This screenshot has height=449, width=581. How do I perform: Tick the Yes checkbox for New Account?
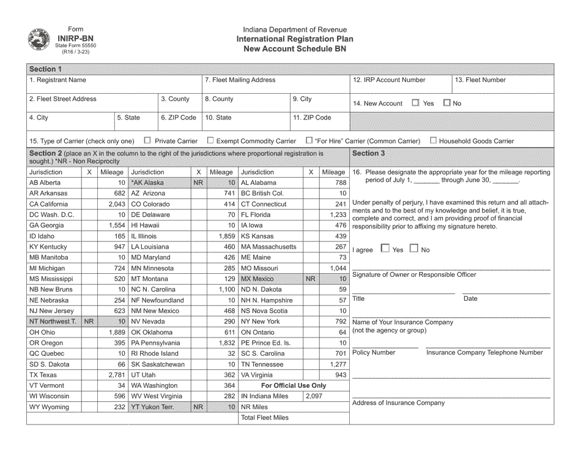point(415,103)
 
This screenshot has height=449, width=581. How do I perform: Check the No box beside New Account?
point(447,103)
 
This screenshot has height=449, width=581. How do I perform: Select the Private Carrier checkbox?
point(147,140)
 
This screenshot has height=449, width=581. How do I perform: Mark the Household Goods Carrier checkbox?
point(433,140)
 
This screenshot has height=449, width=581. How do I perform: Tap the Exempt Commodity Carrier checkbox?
point(210,140)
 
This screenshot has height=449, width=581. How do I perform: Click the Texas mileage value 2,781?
point(116,374)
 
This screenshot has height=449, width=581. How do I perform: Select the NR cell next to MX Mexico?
point(311,279)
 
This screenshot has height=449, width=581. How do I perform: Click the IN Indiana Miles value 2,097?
point(313,396)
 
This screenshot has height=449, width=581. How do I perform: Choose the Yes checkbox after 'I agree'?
point(385,249)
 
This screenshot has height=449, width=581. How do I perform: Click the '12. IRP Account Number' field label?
point(389,80)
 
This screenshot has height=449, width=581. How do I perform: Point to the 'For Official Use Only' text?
point(294,385)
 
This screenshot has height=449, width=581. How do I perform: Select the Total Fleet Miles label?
point(264,418)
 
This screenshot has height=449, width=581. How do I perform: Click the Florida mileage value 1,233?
point(338,214)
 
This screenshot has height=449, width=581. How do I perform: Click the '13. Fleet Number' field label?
point(481,80)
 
